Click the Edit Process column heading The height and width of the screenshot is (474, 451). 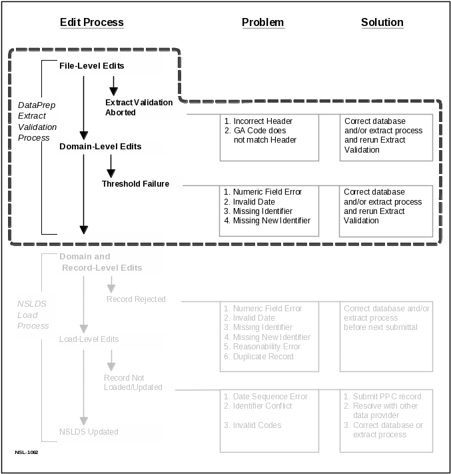click(92, 22)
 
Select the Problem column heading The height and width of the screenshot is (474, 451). click(262, 22)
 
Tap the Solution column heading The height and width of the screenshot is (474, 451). click(382, 22)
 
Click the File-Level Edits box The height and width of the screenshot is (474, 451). click(111, 66)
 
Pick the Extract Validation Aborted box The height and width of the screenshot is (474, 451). click(145, 107)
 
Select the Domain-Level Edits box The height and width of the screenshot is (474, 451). click(111, 147)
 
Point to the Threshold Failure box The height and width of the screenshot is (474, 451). click(141, 183)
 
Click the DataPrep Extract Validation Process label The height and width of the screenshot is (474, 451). click(37, 121)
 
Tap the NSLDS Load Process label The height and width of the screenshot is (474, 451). click(33, 315)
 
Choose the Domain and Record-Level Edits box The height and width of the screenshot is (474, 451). click(111, 262)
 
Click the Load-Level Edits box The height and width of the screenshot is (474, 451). click(111, 340)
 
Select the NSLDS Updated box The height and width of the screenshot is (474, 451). click(111, 432)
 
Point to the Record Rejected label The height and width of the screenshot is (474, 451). click(136, 299)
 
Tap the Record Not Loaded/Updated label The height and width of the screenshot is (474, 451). click(133, 382)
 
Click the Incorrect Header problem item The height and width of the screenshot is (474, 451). click(262, 121)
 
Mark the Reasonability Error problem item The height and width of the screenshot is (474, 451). click(266, 347)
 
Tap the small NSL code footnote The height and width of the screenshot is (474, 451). click(27, 452)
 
